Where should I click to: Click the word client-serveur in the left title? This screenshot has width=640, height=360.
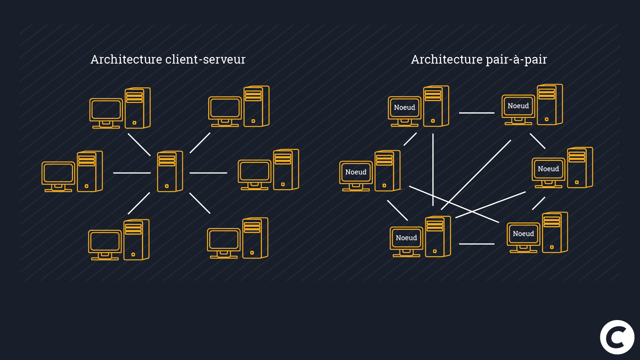point(205,60)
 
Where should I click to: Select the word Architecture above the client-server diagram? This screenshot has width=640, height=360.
point(126,60)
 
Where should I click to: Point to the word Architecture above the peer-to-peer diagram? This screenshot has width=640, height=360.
point(447,60)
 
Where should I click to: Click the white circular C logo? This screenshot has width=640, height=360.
point(617,337)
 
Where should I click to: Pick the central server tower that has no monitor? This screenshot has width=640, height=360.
point(169,172)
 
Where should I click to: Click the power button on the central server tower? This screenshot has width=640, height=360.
point(167,186)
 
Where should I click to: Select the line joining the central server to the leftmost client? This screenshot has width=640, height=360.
point(132,173)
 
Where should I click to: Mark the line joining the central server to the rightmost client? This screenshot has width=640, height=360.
point(208,173)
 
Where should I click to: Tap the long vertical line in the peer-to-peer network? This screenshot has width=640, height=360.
point(433,170)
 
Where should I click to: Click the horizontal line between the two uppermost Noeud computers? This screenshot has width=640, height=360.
point(476,113)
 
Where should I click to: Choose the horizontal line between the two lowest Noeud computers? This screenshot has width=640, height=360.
point(476,244)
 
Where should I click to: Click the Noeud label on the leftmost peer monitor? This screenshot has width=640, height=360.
point(356,172)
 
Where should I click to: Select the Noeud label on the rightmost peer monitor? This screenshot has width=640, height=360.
point(548,169)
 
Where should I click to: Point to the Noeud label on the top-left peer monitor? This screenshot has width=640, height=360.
point(404,108)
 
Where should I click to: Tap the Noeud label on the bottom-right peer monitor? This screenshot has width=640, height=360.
point(523,234)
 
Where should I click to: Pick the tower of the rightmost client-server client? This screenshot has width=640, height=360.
point(286,170)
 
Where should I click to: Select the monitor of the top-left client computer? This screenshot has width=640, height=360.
point(106,110)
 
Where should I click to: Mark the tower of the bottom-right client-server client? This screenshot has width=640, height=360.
point(255,238)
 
